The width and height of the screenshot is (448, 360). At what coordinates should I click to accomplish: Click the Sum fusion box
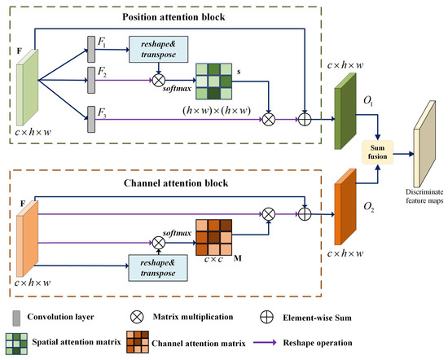pyautogui.click(x=377, y=152)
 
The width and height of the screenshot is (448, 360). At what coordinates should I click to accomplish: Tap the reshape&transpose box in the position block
pyautogui.click(x=159, y=49)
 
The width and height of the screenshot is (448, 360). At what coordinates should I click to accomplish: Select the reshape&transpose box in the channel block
pyautogui.click(x=158, y=268)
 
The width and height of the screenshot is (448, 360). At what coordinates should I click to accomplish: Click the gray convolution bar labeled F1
pyautogui.click(x=91, y=49)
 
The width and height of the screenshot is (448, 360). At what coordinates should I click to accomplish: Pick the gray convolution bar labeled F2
pyautogui.click(x=91, y=81)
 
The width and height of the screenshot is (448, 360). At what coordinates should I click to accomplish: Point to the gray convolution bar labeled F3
pyautogui.click(x=91, y=120)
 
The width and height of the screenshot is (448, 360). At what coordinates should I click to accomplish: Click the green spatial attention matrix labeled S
pyautogui.click(x=213, y=81)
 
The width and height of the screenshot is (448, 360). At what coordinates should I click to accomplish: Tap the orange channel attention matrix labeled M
pyautogui.click(x=213, y=238)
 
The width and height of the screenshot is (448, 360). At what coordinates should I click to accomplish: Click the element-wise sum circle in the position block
pyautogui.click(x=305, y=120)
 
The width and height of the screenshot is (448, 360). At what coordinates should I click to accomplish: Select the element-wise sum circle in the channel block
pyautogui.click(x=305, y=214)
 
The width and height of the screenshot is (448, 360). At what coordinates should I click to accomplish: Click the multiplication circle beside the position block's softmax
pyautogui.click(x=159, y=81)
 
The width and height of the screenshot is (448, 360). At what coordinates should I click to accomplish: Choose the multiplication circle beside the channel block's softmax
pyautogui.click(x=159, y=244)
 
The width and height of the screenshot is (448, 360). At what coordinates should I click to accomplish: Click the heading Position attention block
pyautogui.click(x=173, y=17)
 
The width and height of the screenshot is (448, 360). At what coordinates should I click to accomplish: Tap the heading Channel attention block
pyautogui.click(x=176, y=183)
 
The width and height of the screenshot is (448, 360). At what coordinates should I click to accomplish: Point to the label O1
pyautogui.click(x=368, y=100)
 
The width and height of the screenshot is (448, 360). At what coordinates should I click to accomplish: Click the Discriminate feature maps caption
pyautogui.click(x=424, y=196)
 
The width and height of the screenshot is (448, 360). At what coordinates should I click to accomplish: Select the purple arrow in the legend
pyautogui.click(x=265, y=342)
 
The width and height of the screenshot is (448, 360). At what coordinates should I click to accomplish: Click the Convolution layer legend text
pyautogui.click(x=60, y=317)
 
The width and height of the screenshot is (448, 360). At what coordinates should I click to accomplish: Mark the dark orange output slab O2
pyautogui.click(x=345, y=207)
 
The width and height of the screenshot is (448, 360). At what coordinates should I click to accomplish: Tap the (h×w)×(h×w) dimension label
pyautogui.click(x=217, y=111)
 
